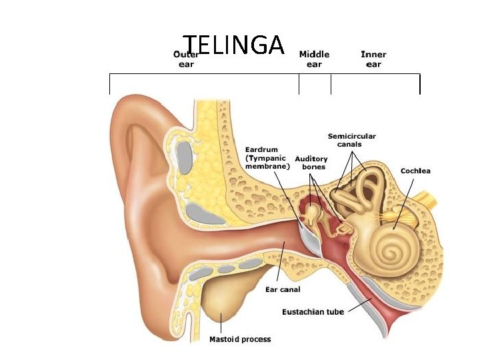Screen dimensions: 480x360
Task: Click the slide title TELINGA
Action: pos(234,45)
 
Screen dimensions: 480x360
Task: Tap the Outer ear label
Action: pos(186,59)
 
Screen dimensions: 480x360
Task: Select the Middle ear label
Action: pos(314,59)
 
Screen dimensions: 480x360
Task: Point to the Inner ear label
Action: pos(373,59)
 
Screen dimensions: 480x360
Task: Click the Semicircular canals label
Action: pos(351,141)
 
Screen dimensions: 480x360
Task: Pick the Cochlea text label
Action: pos(415,171)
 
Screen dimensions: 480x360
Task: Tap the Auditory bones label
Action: pos(311,163)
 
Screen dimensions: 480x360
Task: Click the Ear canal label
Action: pos(283,289)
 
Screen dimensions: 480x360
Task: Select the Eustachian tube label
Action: pos(313,312)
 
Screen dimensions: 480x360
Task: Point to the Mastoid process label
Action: pos(240,339)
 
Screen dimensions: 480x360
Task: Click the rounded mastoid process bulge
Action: pos(223,303)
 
